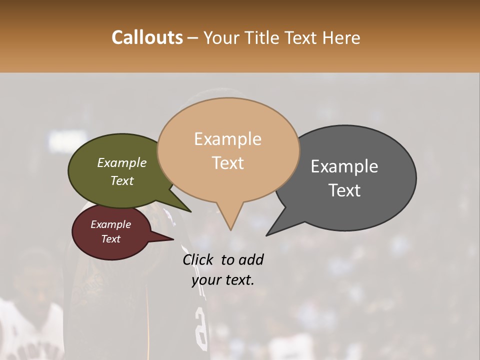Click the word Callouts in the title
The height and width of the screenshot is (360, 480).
click(147, 37)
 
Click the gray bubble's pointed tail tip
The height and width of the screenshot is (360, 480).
click(266, 235)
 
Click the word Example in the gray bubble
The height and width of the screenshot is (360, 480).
click(344, 166)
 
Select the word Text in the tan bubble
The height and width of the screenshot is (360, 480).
click(228, 163)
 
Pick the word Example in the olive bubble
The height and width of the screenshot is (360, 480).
click(122, 162)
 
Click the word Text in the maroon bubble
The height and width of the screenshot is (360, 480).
click(111, 239)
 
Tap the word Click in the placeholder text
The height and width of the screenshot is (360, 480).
click(198, 259)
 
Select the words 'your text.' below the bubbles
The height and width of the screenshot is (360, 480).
click(222, 280)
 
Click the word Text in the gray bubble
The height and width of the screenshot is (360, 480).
click(345, 190)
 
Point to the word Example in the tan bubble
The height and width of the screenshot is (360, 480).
click(227, 139)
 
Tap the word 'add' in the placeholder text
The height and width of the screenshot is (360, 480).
click(251, 259)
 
